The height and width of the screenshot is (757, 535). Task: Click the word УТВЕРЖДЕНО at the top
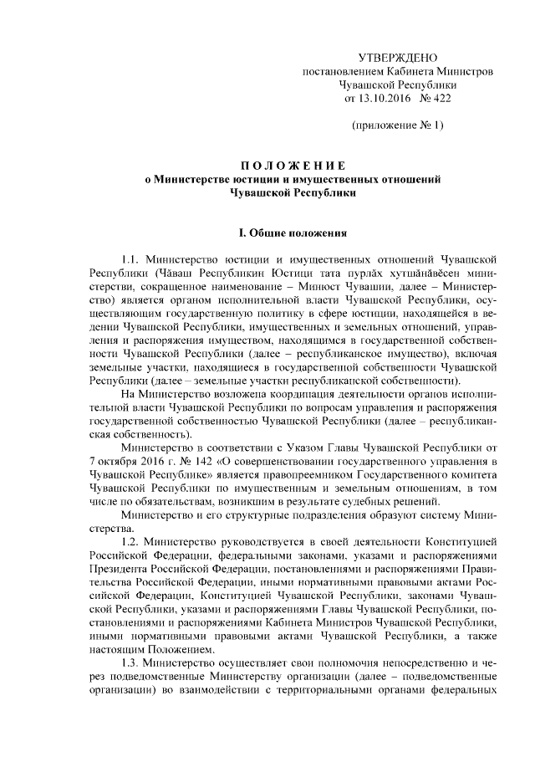397,58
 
